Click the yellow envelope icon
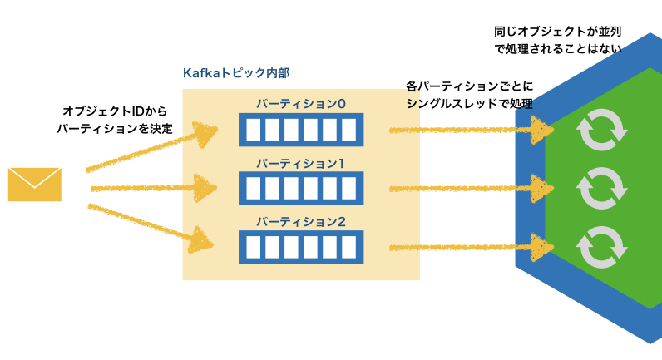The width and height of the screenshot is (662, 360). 34,184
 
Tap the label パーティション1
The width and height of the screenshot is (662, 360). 300,163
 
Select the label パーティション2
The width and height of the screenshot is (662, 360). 300,222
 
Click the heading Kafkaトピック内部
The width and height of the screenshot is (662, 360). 236,73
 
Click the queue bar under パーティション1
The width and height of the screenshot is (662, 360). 301,188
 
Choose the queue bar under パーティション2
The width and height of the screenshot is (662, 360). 301,247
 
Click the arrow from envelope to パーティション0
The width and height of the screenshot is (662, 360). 150,150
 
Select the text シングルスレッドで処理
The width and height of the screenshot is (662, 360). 469,104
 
